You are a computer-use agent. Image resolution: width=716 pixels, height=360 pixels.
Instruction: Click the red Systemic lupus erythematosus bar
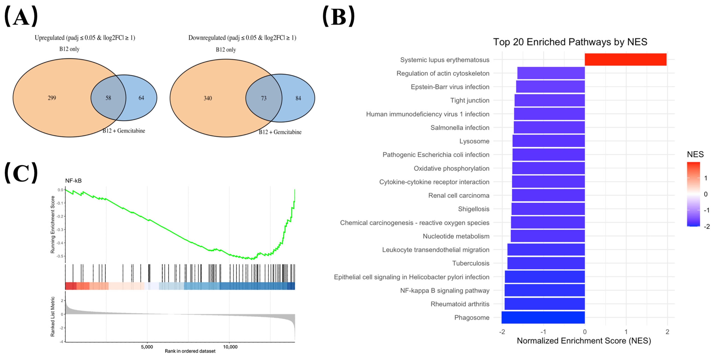(x=625, y=59)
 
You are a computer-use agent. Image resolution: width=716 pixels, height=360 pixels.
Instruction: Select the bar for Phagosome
(x=543, y=317)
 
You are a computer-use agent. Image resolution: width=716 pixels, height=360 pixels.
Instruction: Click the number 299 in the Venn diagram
(x=52, y=98)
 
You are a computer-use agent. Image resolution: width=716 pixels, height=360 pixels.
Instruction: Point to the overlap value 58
(x=108, y=98)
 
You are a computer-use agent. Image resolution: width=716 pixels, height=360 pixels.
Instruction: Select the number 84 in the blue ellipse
(x=298, y=98)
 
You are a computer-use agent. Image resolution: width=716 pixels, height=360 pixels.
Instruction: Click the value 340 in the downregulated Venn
(x=208, y=98)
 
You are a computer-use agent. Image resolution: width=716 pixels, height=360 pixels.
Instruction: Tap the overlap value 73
(x=264, y=98)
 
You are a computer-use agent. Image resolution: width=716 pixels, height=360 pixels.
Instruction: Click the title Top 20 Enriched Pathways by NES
(x=570, y=42)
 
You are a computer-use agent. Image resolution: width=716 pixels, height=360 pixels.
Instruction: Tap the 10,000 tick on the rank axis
(x=230, y=347)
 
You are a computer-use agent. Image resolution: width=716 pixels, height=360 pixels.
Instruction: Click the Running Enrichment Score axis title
(x=52, y=224)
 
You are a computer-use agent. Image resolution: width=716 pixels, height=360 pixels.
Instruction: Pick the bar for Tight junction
(x=549, y=100)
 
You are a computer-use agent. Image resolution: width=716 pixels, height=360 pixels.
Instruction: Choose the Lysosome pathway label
(x=474, y=141)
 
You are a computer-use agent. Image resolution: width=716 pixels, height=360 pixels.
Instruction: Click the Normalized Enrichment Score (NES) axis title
(x=584, y=341)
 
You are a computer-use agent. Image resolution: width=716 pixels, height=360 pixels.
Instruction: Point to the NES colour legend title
(x=695, y=154)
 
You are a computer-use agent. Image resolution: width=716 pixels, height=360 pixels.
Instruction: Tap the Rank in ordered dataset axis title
(x=190, y=351)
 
